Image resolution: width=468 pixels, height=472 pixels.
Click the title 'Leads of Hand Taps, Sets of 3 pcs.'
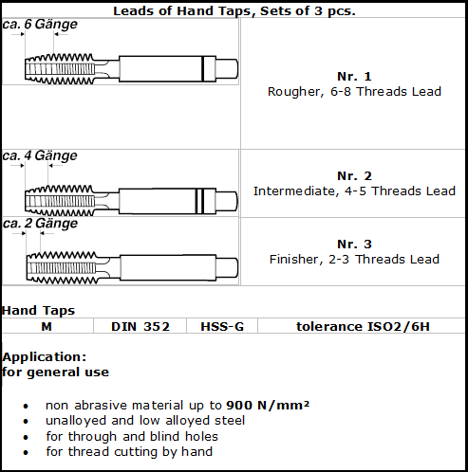[x=234, y=11]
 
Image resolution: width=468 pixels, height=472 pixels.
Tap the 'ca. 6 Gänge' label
[x=40, y=25]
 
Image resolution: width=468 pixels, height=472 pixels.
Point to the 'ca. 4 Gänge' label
[x=40, y=155]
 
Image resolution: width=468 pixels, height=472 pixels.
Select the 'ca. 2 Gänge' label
[x=40, y=224]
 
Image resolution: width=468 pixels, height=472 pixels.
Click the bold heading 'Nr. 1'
[x=354, y=77]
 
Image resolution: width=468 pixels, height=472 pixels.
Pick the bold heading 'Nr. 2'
[x=354, y=176]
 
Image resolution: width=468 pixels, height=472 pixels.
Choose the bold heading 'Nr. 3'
[x=354, y=245]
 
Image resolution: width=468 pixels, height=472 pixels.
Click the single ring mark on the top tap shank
[x=202, y=68]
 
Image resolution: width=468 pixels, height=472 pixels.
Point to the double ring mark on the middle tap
[x=199, y=201]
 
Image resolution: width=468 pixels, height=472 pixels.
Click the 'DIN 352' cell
[x=140, y=326]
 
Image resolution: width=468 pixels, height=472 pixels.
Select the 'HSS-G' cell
[x=222, y=326]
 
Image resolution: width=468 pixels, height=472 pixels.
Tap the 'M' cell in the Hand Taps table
[x=47, y=326]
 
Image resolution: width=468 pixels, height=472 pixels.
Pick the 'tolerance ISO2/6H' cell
[x=363, y=326]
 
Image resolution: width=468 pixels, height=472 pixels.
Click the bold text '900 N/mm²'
[x=268, y=405]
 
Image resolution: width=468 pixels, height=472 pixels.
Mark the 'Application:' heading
[x=45, y=357]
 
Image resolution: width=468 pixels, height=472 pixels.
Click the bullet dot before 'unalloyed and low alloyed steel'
[x=26, y=422]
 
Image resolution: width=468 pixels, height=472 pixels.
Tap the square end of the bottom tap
[x=227, y=267]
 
